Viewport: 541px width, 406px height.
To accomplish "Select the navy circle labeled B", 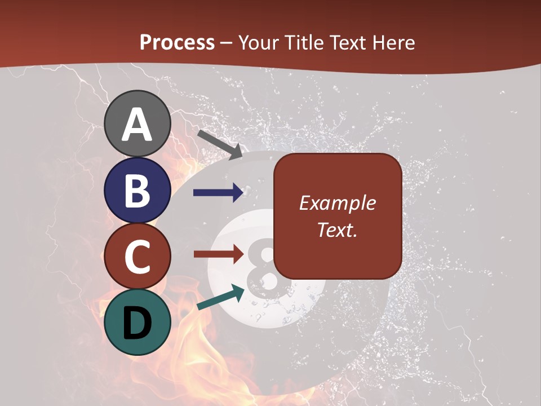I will (137, 190).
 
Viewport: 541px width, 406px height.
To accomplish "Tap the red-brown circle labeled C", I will (137, 257).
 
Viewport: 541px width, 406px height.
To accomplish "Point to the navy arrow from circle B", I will (218, 193).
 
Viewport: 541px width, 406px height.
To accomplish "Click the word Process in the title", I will (177, 43).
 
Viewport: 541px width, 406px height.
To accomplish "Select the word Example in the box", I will (337, 203).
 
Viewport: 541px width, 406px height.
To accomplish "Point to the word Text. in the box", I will (337, 230).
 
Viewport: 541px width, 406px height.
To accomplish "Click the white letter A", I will (137, 125).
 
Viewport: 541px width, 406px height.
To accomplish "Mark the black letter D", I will (137, 324).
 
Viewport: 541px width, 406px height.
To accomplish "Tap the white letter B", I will (137, 191).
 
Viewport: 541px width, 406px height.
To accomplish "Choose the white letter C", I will (137, 258).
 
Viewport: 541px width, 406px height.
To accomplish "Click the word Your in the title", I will (259, 43).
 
